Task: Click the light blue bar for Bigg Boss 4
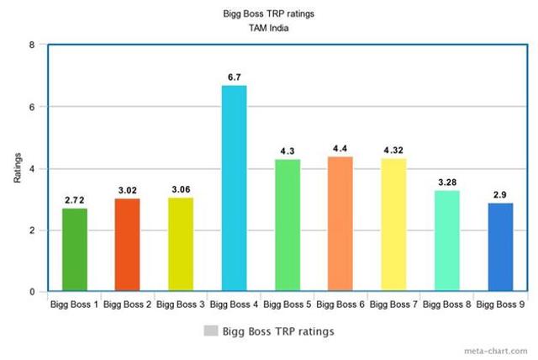point(234,188)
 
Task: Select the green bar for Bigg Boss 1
point(74,250)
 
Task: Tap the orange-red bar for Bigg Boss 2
point(127,245)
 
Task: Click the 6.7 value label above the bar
point(234,77)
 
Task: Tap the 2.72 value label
point(74,200)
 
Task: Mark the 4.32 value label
point(393,151)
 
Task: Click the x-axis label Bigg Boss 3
point(181,304)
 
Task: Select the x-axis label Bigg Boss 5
point(287,304)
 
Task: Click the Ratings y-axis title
point(17,168)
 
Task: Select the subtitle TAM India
point(271,28)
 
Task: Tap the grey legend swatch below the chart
point(210,331)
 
